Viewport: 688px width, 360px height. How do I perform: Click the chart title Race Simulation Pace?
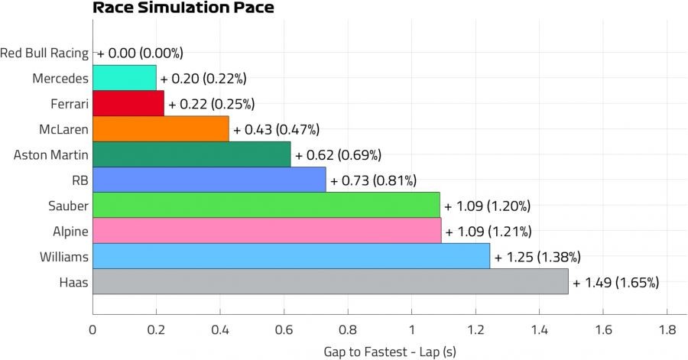pos(183,8)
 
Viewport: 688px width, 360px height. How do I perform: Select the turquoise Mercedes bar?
pos(124,78)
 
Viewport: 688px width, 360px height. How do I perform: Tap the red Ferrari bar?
pos(128,103)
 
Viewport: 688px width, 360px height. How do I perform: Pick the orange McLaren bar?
pos(161,129)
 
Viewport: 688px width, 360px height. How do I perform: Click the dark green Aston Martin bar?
pos(191,154)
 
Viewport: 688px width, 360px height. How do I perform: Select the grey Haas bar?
pos(330,282)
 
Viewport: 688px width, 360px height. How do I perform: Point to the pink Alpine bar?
pos(267,231)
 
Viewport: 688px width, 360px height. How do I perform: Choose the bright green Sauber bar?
pos(266,206)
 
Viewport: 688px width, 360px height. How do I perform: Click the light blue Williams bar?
pos(291,257)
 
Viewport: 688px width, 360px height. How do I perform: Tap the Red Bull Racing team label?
pos(44,53)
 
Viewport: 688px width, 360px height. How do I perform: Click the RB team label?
pos(80,180)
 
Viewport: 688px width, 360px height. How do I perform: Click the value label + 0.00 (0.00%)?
pos(140,53)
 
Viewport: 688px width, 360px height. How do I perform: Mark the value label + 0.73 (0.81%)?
pos(373,180)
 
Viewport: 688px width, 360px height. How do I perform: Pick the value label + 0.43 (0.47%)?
pos(276,129)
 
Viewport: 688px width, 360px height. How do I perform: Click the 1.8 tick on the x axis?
pos(666,329)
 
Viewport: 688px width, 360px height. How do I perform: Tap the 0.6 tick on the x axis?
pos(284,329)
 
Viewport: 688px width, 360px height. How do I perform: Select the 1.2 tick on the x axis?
pos(475,329)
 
